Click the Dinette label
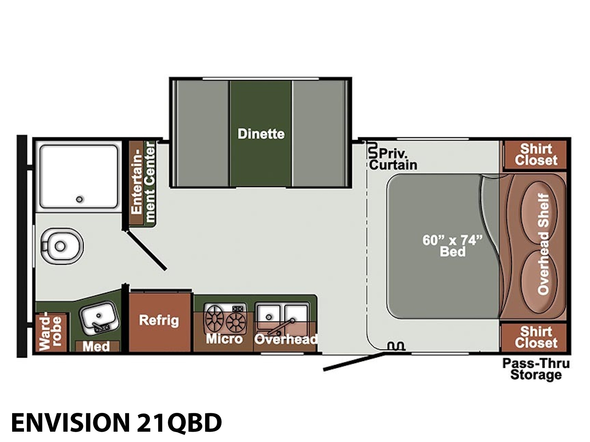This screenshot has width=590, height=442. pos(261,134)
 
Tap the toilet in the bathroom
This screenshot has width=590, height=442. pos(62,246)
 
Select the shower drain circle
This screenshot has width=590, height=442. pos(79,199)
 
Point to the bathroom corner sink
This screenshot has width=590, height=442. pos(100,318)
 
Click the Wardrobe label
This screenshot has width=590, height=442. pos(50,331)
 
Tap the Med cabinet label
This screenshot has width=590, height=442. pos(96,347)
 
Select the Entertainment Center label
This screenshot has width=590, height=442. pos(143,182)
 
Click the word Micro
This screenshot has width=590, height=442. pos(224,338)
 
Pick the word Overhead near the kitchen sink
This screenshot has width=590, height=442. pos(286,339)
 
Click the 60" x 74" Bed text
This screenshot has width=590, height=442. pos(453,246)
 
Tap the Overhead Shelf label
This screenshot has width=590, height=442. pos(543,244)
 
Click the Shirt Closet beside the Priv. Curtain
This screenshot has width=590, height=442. pos(536,155)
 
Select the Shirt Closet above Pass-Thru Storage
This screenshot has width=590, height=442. pos(536,337)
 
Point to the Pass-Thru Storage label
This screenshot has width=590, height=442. pos(536,369)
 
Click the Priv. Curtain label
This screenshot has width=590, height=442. pos(393,159)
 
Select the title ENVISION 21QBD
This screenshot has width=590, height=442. pos(117,422)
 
